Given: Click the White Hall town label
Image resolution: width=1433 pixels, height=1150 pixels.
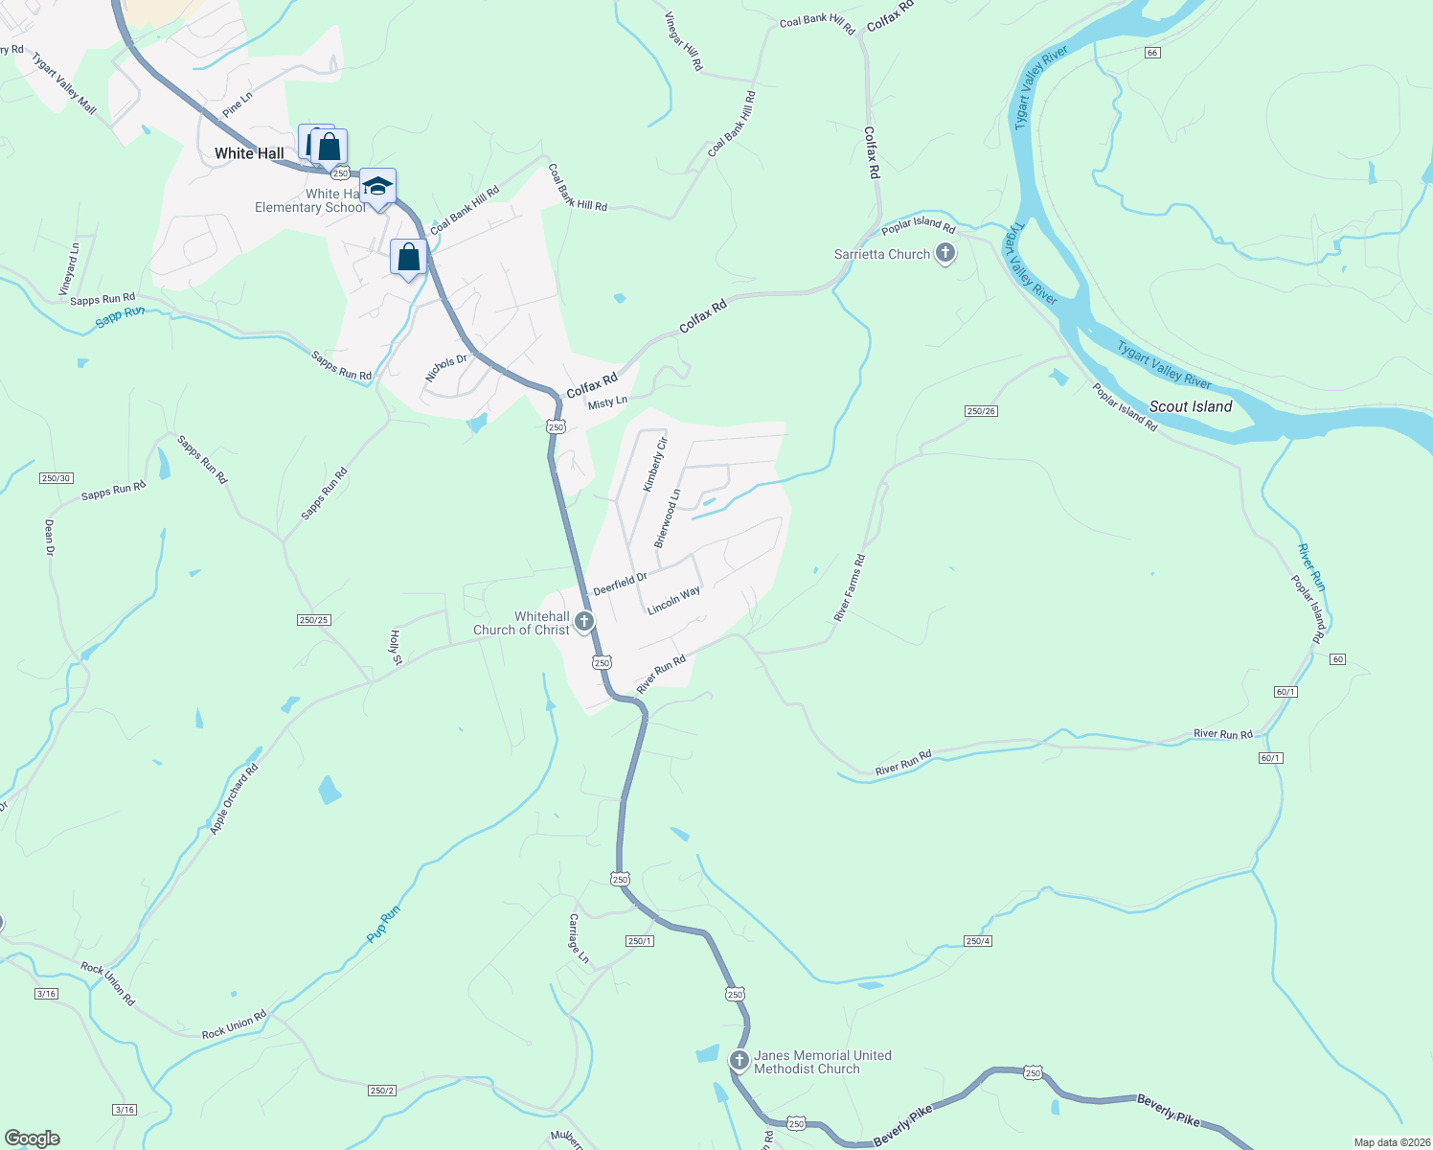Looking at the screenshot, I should point(249,153).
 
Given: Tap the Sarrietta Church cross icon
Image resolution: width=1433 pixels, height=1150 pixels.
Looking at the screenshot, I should point(945,253).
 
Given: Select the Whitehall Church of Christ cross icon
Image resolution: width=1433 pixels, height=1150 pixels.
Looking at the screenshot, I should point(584,622).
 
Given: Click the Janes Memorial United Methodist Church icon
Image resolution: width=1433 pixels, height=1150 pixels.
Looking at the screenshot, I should point(739,1060).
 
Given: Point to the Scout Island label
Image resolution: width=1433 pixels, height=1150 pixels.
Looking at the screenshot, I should point(1191,406).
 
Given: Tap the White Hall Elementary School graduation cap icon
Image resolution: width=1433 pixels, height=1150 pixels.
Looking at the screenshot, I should point(377,187).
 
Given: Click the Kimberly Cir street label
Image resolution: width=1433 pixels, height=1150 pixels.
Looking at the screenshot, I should point(655,465).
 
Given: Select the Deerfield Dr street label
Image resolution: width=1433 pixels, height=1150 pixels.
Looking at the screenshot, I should point(620,583).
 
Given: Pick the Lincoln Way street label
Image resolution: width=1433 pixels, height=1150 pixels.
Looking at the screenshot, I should point(673,601).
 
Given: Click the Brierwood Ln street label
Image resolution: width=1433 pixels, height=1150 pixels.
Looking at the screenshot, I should point(668,518).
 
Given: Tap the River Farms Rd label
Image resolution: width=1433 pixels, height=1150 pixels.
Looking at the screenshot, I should point(850,587).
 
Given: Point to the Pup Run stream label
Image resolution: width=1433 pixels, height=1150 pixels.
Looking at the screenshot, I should point(384,924).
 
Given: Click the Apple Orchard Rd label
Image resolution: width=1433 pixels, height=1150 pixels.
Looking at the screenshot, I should point(235,799).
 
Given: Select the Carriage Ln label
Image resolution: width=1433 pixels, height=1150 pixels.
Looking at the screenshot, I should point(579,938).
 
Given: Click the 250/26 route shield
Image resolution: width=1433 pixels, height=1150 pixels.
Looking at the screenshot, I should point(981,411).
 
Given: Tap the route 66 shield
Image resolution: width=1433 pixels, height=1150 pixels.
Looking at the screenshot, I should point(1152,53).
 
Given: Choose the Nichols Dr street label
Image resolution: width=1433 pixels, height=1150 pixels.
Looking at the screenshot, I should point(446,367).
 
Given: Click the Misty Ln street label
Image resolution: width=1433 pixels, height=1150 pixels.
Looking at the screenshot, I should point(607,402).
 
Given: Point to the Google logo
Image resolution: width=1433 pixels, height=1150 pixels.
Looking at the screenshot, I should point(33,1138).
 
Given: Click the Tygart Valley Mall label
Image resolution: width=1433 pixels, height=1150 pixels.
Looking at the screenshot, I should point(64,83).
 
